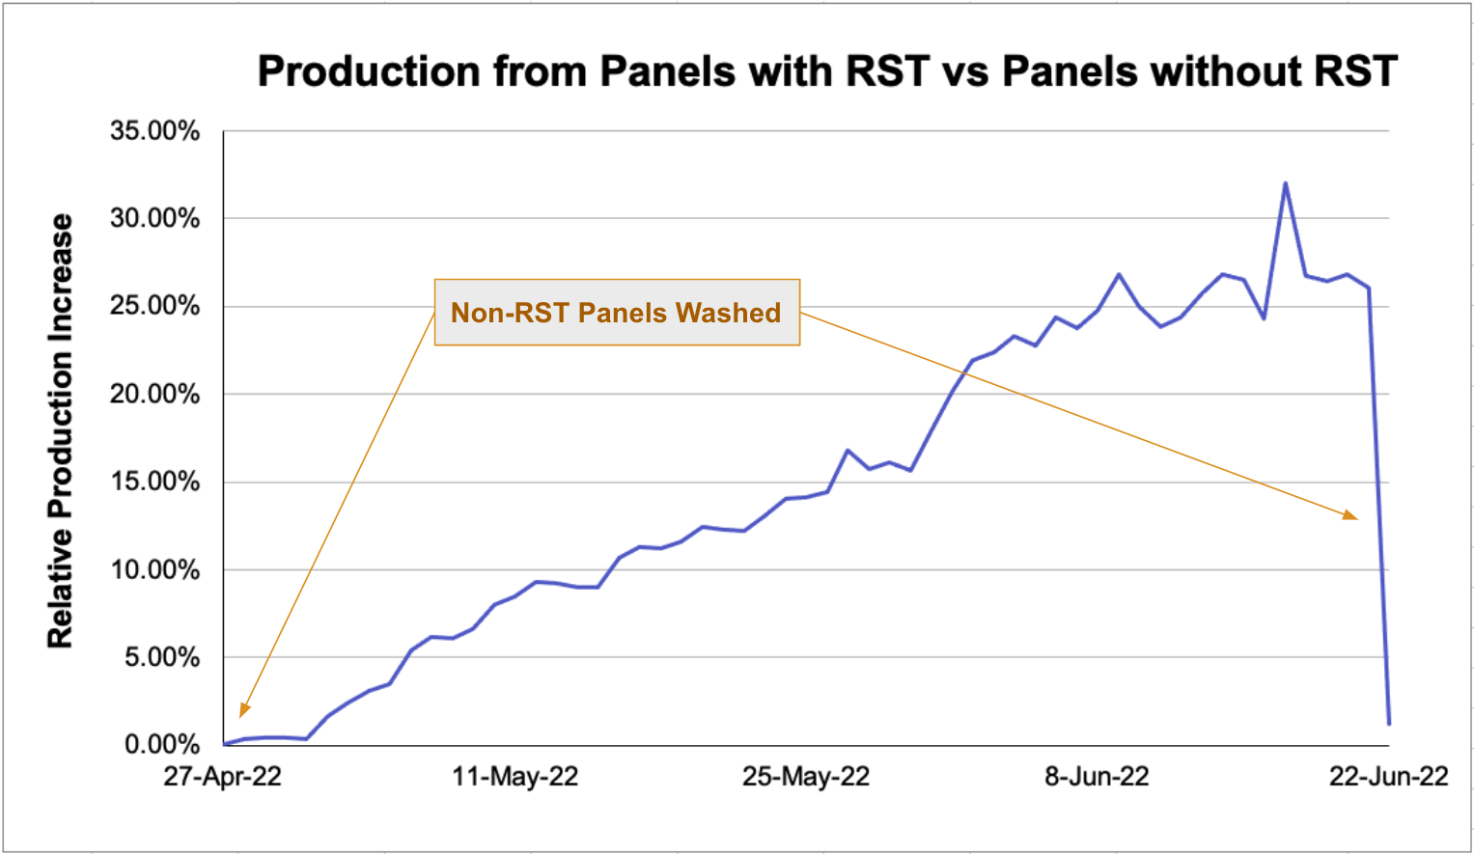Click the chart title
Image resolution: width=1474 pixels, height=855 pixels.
(x=827, y=71)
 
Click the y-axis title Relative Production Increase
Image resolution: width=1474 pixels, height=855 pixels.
(x=61, y=430)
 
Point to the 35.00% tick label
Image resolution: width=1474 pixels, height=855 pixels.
(x=154, y=130)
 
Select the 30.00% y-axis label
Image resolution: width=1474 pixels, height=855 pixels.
(x=154, y=218)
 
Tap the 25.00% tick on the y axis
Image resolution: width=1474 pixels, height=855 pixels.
(x=154, y=306)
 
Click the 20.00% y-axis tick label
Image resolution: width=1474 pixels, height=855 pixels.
(x=154, y=394)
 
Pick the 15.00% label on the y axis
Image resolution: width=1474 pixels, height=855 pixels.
(x=154, y=482)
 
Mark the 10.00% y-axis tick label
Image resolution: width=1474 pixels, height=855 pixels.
(x=154, y=569)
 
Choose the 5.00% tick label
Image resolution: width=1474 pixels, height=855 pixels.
(x=161, y=657)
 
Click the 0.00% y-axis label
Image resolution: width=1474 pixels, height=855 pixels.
(x=161, y=745)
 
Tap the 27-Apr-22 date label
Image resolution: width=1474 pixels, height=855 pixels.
(x=222, y=777)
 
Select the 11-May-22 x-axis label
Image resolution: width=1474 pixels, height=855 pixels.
(x=515, y=777)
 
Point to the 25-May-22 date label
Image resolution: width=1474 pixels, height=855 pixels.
(x=805, y=777)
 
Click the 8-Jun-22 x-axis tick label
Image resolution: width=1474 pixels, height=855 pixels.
(x=1097, y=777)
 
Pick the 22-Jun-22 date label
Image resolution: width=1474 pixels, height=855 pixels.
(x=1388, y=777)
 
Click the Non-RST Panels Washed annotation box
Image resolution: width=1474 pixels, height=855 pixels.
(x=617, y=313)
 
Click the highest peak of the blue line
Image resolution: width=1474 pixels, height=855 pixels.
(x=1285, y=183)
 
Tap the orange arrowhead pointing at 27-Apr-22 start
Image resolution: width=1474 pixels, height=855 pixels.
(x=244, y=710)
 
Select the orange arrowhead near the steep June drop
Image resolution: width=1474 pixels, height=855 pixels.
(x=1350, y=515)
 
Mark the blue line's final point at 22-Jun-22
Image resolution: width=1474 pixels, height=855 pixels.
(x=1389, y=723)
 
